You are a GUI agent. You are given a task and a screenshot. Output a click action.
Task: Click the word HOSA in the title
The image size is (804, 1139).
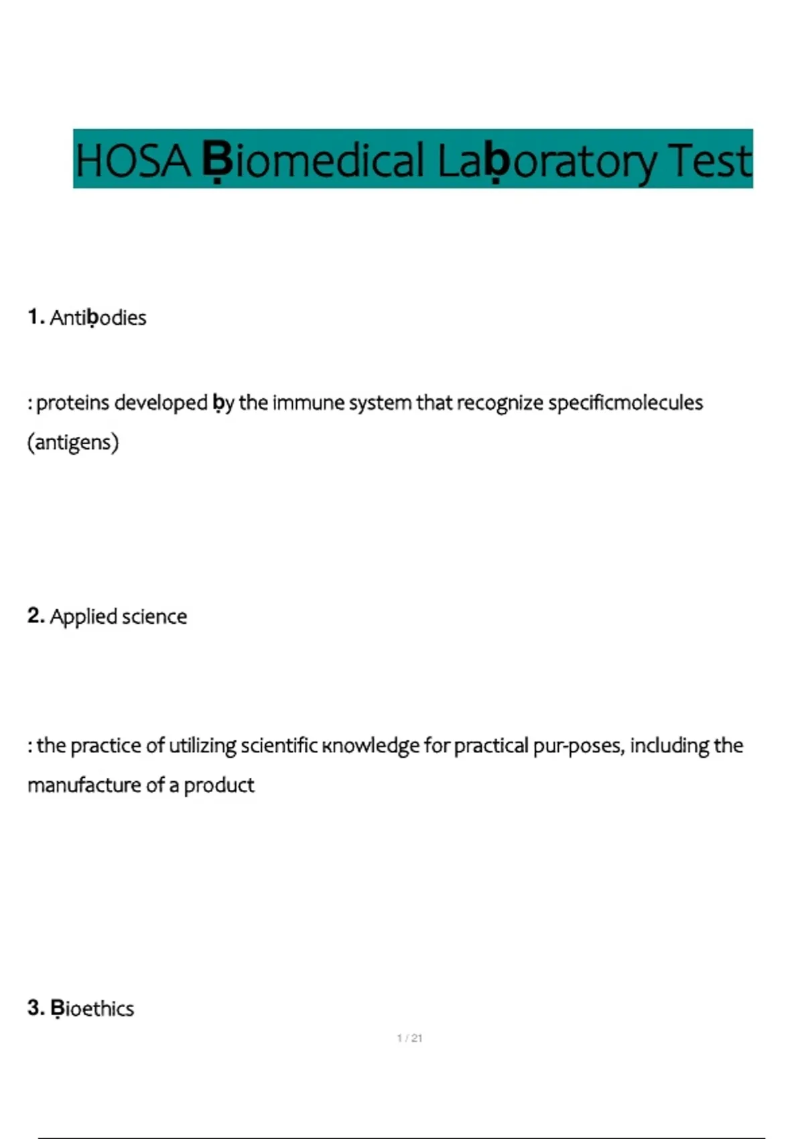point(133,161)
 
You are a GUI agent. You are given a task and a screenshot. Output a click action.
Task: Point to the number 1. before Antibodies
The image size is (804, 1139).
point(36,317)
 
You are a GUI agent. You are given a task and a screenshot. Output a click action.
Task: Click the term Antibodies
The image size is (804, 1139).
point(98,318)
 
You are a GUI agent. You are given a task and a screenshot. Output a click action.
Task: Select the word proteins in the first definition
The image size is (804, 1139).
point(72,403)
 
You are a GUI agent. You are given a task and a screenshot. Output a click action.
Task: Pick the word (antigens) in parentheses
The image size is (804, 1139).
point(73,442)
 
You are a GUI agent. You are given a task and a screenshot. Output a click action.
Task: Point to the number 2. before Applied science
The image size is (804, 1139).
point(36,616)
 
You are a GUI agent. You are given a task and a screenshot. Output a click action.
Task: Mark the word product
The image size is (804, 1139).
point(219,785)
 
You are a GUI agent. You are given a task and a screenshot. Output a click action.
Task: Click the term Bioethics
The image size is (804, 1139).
point(92,1008)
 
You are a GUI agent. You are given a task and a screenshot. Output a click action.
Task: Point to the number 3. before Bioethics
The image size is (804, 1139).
point(36,1008)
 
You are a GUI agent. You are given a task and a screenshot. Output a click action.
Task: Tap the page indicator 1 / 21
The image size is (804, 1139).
point(409,1038)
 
